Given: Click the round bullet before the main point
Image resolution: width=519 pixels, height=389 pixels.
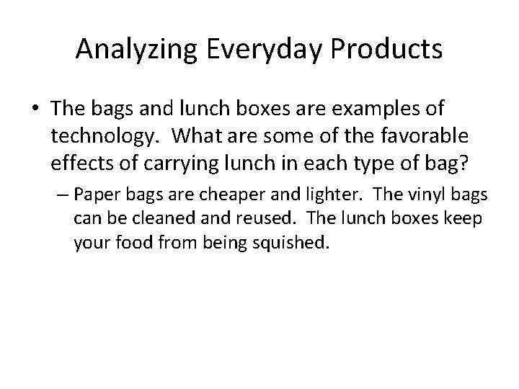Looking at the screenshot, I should (x=34, y=110).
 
